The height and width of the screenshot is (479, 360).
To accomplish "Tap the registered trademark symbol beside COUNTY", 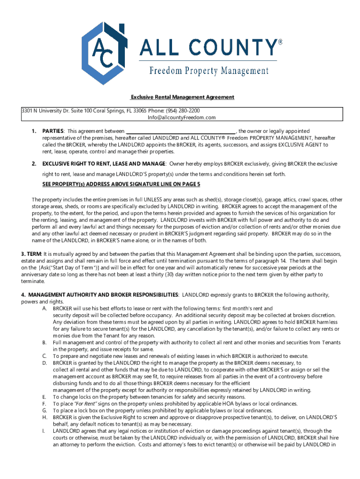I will [x=281, y=42].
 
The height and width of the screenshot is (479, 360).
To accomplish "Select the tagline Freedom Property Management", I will [x=209, y=71].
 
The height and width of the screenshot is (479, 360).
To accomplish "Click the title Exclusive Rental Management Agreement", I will [x=182, y=97].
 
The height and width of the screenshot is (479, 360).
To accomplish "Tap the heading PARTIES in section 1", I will [x=53, y=131].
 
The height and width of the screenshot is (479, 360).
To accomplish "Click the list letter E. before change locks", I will [x=44, y=397].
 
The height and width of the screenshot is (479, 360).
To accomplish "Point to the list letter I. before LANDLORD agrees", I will [x=43, y=430].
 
